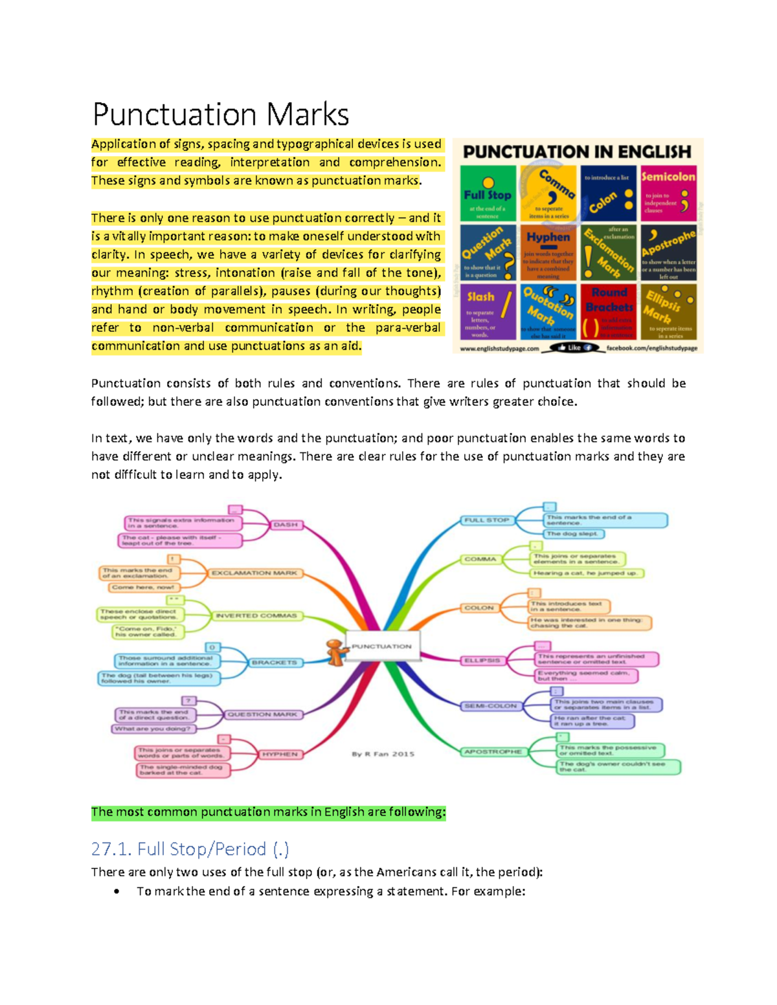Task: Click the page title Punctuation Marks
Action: (x=221, y=115)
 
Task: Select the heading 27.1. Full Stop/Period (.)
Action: (x=190, y=848)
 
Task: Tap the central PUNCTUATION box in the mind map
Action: (x=382, y=646)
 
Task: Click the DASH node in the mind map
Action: (x=285, y=525)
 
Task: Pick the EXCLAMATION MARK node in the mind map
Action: (x=254, y=573)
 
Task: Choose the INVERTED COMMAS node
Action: (x=256, y=615)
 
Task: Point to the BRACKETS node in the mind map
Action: (x=274, y=663)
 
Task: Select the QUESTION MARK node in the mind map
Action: (x=262, y=714)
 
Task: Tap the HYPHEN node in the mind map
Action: (x=280, y=755)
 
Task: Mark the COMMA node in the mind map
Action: (x=480, y=559)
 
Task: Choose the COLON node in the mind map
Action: (x=479, y=608)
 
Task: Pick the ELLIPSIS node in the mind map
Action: (x=482, y=660)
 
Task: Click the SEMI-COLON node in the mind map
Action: (x=490, y=706)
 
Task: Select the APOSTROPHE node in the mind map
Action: (x=493, y=751)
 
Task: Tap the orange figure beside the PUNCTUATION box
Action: (x=335, y=652)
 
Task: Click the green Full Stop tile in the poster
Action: (x=488, y=193)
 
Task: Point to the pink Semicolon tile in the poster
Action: (x=668, y=193)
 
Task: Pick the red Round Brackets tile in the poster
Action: (x=608, y=311)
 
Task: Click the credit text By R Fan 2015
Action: (x=383, y=754)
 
